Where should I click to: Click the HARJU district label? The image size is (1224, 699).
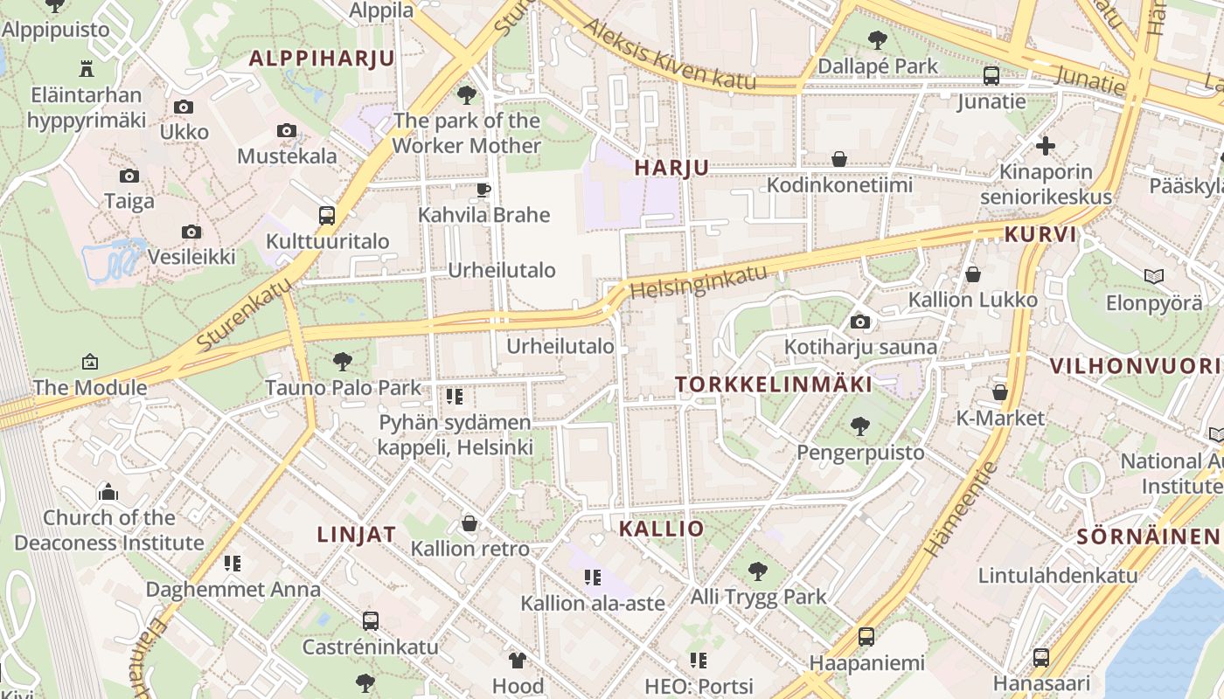click(671, 168)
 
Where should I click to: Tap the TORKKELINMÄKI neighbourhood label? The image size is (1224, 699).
click(774, 384)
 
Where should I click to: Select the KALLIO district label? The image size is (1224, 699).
click(661, 529)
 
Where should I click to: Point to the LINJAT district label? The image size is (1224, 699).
click(356, 535)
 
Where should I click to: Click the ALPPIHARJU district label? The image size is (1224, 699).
click(322, 59)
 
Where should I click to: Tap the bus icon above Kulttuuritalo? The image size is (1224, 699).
click(326, 215)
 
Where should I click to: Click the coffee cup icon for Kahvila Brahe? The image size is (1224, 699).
click(483, 189)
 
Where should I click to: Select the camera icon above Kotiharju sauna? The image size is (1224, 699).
click(860, 322)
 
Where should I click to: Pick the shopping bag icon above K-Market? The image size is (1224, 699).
click(1000, 393)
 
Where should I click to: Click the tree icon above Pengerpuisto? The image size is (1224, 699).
click(860, 426)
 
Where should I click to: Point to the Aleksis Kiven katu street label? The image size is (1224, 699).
click(669, 53)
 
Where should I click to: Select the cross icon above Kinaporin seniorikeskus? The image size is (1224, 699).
click(1046, 146)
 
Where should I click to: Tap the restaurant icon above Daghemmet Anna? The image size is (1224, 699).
click(233, 564)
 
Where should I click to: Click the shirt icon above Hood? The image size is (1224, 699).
click(518, 661)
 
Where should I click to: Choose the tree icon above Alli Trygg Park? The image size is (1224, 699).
click(758, 571)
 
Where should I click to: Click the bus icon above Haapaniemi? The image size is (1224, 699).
click(866, 637)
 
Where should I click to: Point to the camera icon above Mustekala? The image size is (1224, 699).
click(287, 131)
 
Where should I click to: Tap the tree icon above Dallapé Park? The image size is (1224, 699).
click(877, 39)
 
